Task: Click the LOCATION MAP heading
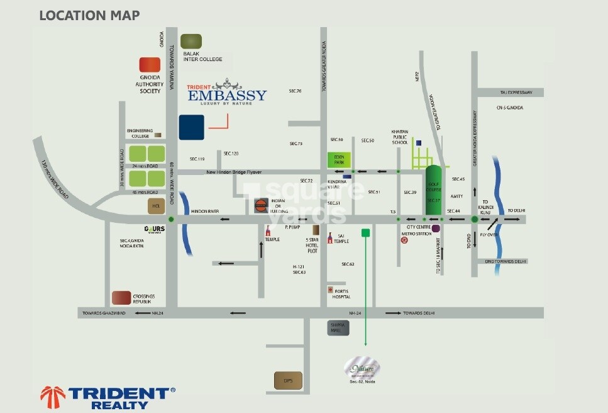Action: click(89, 15)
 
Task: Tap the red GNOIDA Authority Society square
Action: click(150, 65)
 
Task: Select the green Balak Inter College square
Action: click(191, 42)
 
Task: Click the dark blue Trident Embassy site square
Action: click(191, 127)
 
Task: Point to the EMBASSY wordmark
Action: click(228, 95)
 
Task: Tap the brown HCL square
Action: click(156, 205)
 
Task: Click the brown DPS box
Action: click(288, 380)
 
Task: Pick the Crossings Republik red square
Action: click(121, 298)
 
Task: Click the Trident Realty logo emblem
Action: click(53, 397)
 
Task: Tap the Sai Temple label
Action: click(341, 238)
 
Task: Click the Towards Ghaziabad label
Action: click(106, 313)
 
